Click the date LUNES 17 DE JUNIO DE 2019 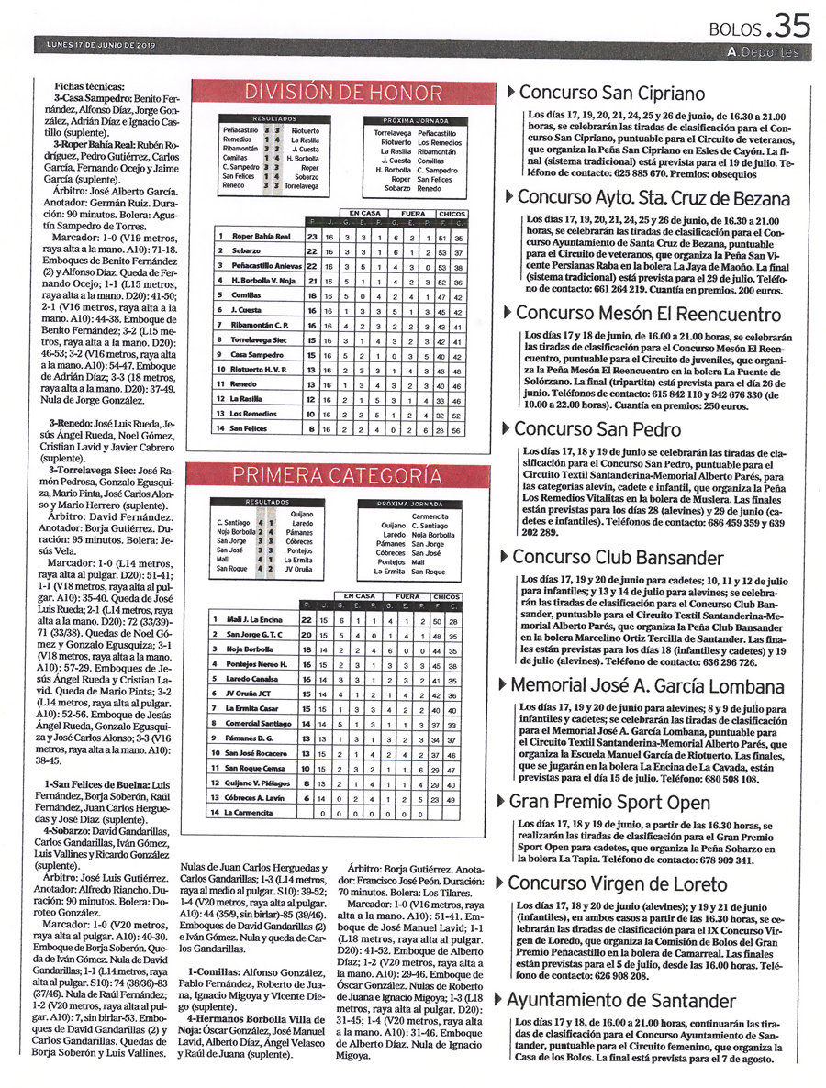(102, 45)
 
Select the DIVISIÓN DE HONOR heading (342, 93)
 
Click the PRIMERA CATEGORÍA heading (342, 475)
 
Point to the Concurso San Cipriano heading (612, 93)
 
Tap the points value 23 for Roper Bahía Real (312, 237)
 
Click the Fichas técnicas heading (88, 86)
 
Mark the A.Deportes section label (761, 52)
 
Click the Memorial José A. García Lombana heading (647, 685)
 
